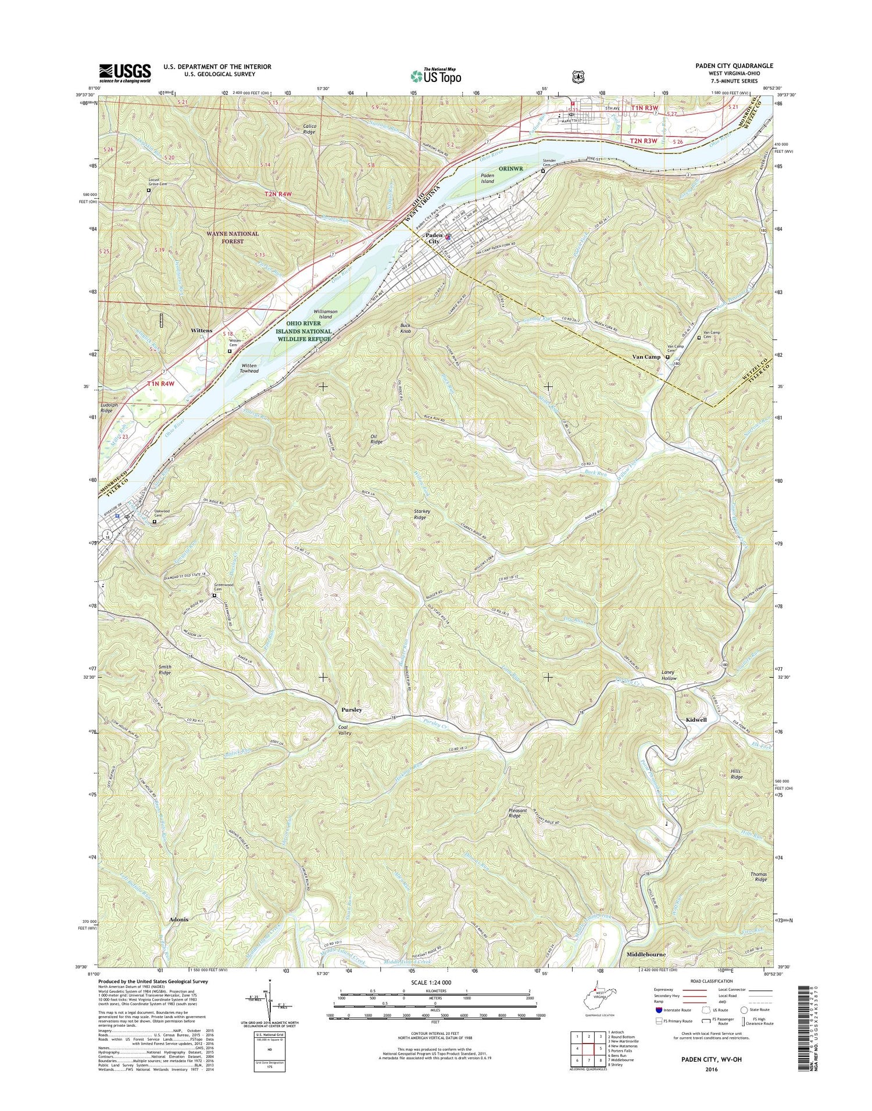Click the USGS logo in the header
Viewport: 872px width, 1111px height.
125,72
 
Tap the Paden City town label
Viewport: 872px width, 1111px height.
433,238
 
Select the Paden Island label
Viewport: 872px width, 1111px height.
487,178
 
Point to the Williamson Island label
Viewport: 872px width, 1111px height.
326,314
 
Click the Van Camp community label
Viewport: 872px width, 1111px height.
646,357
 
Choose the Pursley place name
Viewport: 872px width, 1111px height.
351,709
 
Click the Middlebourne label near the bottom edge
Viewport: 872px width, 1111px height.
646,954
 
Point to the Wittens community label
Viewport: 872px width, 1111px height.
202,330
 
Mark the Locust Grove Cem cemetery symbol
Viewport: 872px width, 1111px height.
148,190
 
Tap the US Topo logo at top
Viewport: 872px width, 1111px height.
436,76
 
